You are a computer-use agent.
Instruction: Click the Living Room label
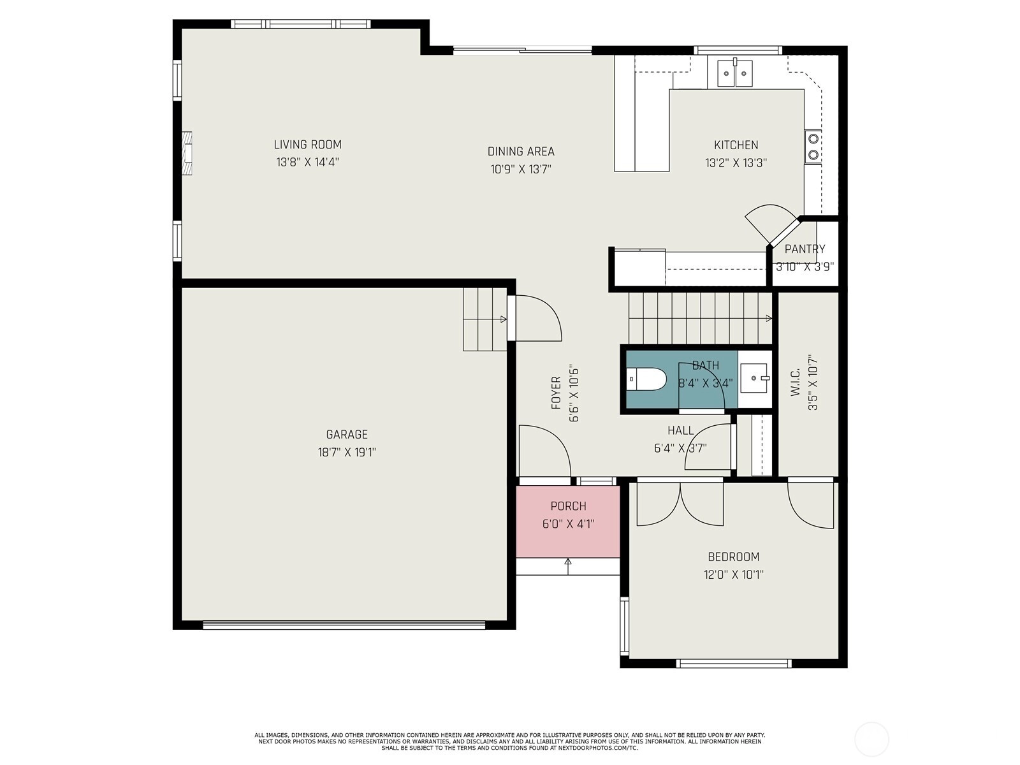pyautogui.click(x=308, y=145)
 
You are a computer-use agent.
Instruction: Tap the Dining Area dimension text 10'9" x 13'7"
pyautogui.click(x=521, y=169)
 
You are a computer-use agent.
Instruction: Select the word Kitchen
pyautogui.click(x=736, y=145)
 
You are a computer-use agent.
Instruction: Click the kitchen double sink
pyautogui.click(x=734, y=73)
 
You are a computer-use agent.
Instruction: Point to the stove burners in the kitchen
pyautogui.click(x=813, y=147)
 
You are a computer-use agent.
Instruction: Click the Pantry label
pyautogui.click(x=805, y=249)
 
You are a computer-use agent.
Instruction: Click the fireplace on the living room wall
pyautogui.click(x=187, y=153)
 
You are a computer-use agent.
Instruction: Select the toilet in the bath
pyautogui.click(x=646, y=379)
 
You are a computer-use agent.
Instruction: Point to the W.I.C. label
pyautogui.click(x=795, y=382)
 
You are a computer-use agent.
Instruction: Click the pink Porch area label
pyautogui.click(x=568, y=506)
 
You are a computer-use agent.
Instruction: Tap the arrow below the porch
pyautogui.click(x=568, y=567)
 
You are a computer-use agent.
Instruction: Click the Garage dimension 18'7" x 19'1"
pyautogui.click(x=347, y=453)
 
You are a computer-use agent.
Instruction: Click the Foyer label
pyautogui.click(x=557, y=393)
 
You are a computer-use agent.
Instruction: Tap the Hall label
pyautogui.click(x=681, y=430)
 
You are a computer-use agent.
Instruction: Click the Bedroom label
pyautogui.click(x=734, y=557)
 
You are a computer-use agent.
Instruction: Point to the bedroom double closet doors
pyautogui.click(x=680, y=504)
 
